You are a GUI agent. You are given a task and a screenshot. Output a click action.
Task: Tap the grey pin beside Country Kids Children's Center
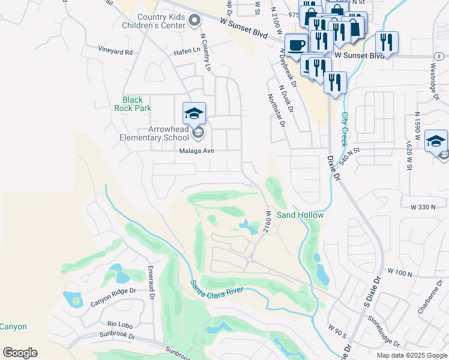coord(194,22)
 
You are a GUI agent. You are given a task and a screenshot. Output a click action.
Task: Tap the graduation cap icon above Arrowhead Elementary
coord(194,113)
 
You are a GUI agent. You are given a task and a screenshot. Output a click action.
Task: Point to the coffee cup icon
coord(297,44)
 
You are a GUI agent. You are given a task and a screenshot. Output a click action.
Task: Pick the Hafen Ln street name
coord(187,51)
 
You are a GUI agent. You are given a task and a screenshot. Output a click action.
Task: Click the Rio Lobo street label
coord(119,322)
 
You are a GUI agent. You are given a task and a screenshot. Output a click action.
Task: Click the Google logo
coord(20,353)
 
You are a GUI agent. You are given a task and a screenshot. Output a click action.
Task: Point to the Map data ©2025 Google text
coord(411,355)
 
